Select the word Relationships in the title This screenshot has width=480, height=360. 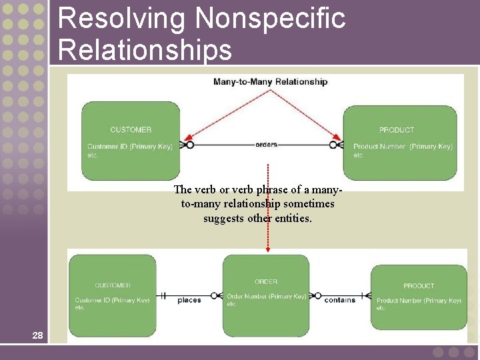145,50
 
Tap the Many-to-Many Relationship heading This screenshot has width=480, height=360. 270,82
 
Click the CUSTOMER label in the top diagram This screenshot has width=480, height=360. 131,129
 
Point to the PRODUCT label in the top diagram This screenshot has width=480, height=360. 397,129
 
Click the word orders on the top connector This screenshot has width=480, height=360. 266,144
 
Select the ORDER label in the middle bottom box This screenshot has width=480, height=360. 266,281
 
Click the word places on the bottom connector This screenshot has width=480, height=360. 189,300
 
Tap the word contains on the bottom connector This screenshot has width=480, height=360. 339,300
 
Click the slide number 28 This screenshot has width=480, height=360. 37,335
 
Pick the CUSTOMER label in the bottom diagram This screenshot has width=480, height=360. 113,285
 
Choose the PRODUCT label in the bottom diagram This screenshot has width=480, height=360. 419,285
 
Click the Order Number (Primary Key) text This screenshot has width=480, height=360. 266,296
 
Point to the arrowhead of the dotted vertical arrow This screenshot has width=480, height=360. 268,249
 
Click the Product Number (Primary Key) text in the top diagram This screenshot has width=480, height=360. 403,146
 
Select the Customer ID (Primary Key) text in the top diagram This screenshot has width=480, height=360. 129,146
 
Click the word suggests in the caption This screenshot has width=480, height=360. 225,218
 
